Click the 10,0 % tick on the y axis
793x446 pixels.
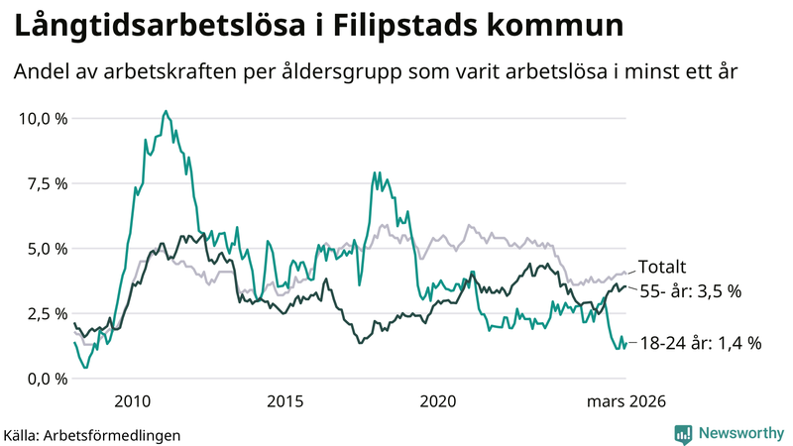click(x=42, y=118)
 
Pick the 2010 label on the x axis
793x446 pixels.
click(x=133, y=401)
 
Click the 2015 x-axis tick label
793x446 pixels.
click(x=285, y=401)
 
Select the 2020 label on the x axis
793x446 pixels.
click(x=438, y=401)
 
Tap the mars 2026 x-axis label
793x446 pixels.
click(x=626, y=401)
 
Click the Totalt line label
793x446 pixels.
click(x=662, y=267)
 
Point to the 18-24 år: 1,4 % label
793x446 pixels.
click(x=699, y=343)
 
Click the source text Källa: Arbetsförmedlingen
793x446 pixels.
click(x=92, y=434)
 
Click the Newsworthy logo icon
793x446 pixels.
click(x=683, y=432)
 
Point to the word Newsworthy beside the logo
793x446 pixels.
click(x=738, y=432)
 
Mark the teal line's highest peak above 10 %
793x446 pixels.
click(x=166, y=111)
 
